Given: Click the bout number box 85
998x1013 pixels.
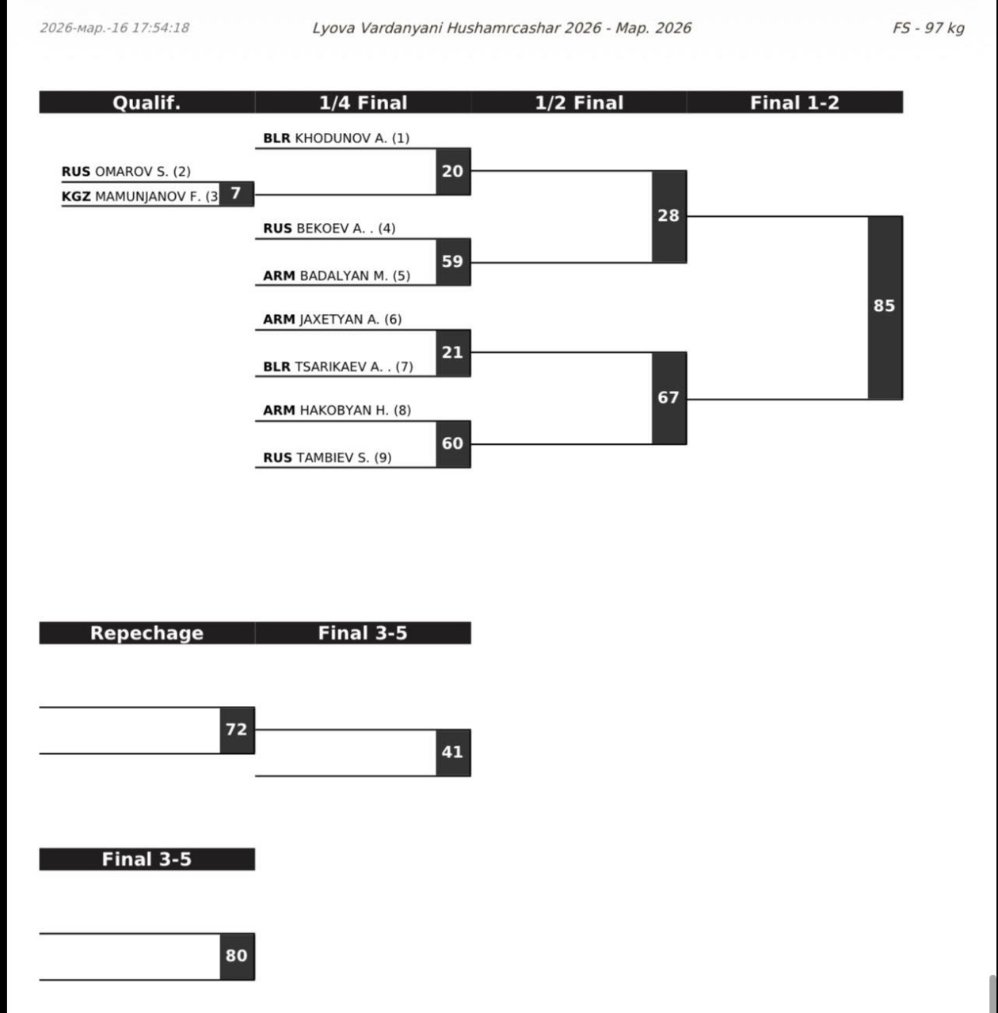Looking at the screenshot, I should click(885, 307).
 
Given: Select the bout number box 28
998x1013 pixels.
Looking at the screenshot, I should click(669, 216).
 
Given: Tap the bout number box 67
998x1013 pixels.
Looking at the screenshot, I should click(669, 398).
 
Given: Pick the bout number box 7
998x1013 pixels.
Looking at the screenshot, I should click(236, 193).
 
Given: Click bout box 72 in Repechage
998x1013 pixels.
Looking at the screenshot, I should click(237, 730).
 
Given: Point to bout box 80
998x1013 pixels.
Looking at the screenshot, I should click(237, 956).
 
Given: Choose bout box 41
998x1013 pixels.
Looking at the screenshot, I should click(452, 752).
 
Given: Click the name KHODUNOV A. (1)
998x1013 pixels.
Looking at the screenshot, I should click(352, 138).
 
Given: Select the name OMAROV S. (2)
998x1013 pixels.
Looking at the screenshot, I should click(143, 172).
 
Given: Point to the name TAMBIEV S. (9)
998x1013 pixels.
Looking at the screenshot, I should click(343, 458).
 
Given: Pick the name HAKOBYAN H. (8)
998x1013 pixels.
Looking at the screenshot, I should click(355, 411).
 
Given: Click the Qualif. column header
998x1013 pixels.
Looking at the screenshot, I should click(147, 103).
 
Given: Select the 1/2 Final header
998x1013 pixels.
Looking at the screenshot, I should click(579, 103).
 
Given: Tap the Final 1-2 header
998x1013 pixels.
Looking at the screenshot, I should click(794, 103).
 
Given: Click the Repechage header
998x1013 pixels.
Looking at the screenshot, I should click(147, 633).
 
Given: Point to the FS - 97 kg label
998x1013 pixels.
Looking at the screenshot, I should click(928, 28).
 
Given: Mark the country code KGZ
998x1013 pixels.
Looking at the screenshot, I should click(76, 197).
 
